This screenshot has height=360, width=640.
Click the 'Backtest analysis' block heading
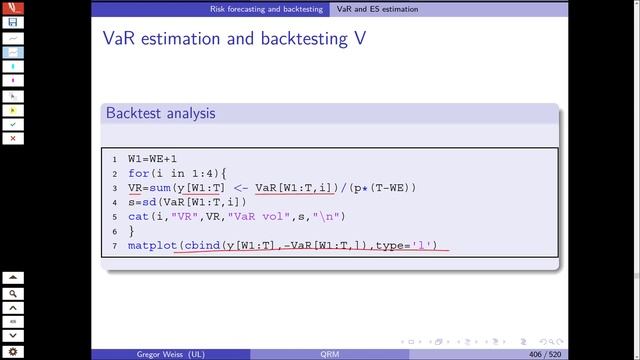tap(160, 114)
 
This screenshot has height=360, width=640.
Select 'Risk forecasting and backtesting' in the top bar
tap(266, 8)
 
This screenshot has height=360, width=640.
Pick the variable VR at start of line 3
tap(136, 187)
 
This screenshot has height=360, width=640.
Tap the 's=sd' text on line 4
tap(143, 201)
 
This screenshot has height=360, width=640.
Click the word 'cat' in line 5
tap(138, 215)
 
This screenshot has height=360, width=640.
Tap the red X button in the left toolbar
tap(12, 138)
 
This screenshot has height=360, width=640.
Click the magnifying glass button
tap(12, 294)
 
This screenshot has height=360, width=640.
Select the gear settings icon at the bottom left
tap(12, 352)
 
